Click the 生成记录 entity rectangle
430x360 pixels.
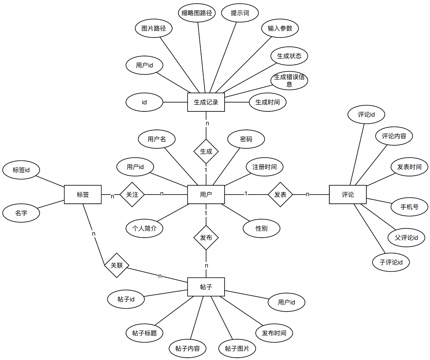click(206, 102)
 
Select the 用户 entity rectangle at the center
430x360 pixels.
click(206, 195)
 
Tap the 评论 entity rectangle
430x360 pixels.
click(348, 195)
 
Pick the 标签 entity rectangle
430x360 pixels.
click(83, 195)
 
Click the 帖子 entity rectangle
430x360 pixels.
click(206, 287)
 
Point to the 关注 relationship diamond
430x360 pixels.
click(132, 195)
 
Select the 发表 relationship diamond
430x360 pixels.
click(280, 195)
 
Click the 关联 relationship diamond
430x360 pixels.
click(117, 265)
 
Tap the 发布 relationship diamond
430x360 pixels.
click(206, 238)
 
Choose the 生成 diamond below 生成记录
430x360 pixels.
click(206, 152)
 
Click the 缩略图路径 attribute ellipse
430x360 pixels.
click(197, 13)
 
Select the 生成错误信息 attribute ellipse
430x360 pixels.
click(289, 81)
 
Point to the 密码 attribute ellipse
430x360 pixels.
click(246, 139)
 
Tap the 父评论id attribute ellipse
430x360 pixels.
click(406, 238)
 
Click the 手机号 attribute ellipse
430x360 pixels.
click(409, 207)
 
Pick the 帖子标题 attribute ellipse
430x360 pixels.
click(144, 333)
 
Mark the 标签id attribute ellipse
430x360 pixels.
click(21, 170)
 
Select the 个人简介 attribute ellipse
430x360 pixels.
click(144, 228)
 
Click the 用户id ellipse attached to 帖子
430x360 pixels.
click(286, 302)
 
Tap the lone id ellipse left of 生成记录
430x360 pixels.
click(144, 102)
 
